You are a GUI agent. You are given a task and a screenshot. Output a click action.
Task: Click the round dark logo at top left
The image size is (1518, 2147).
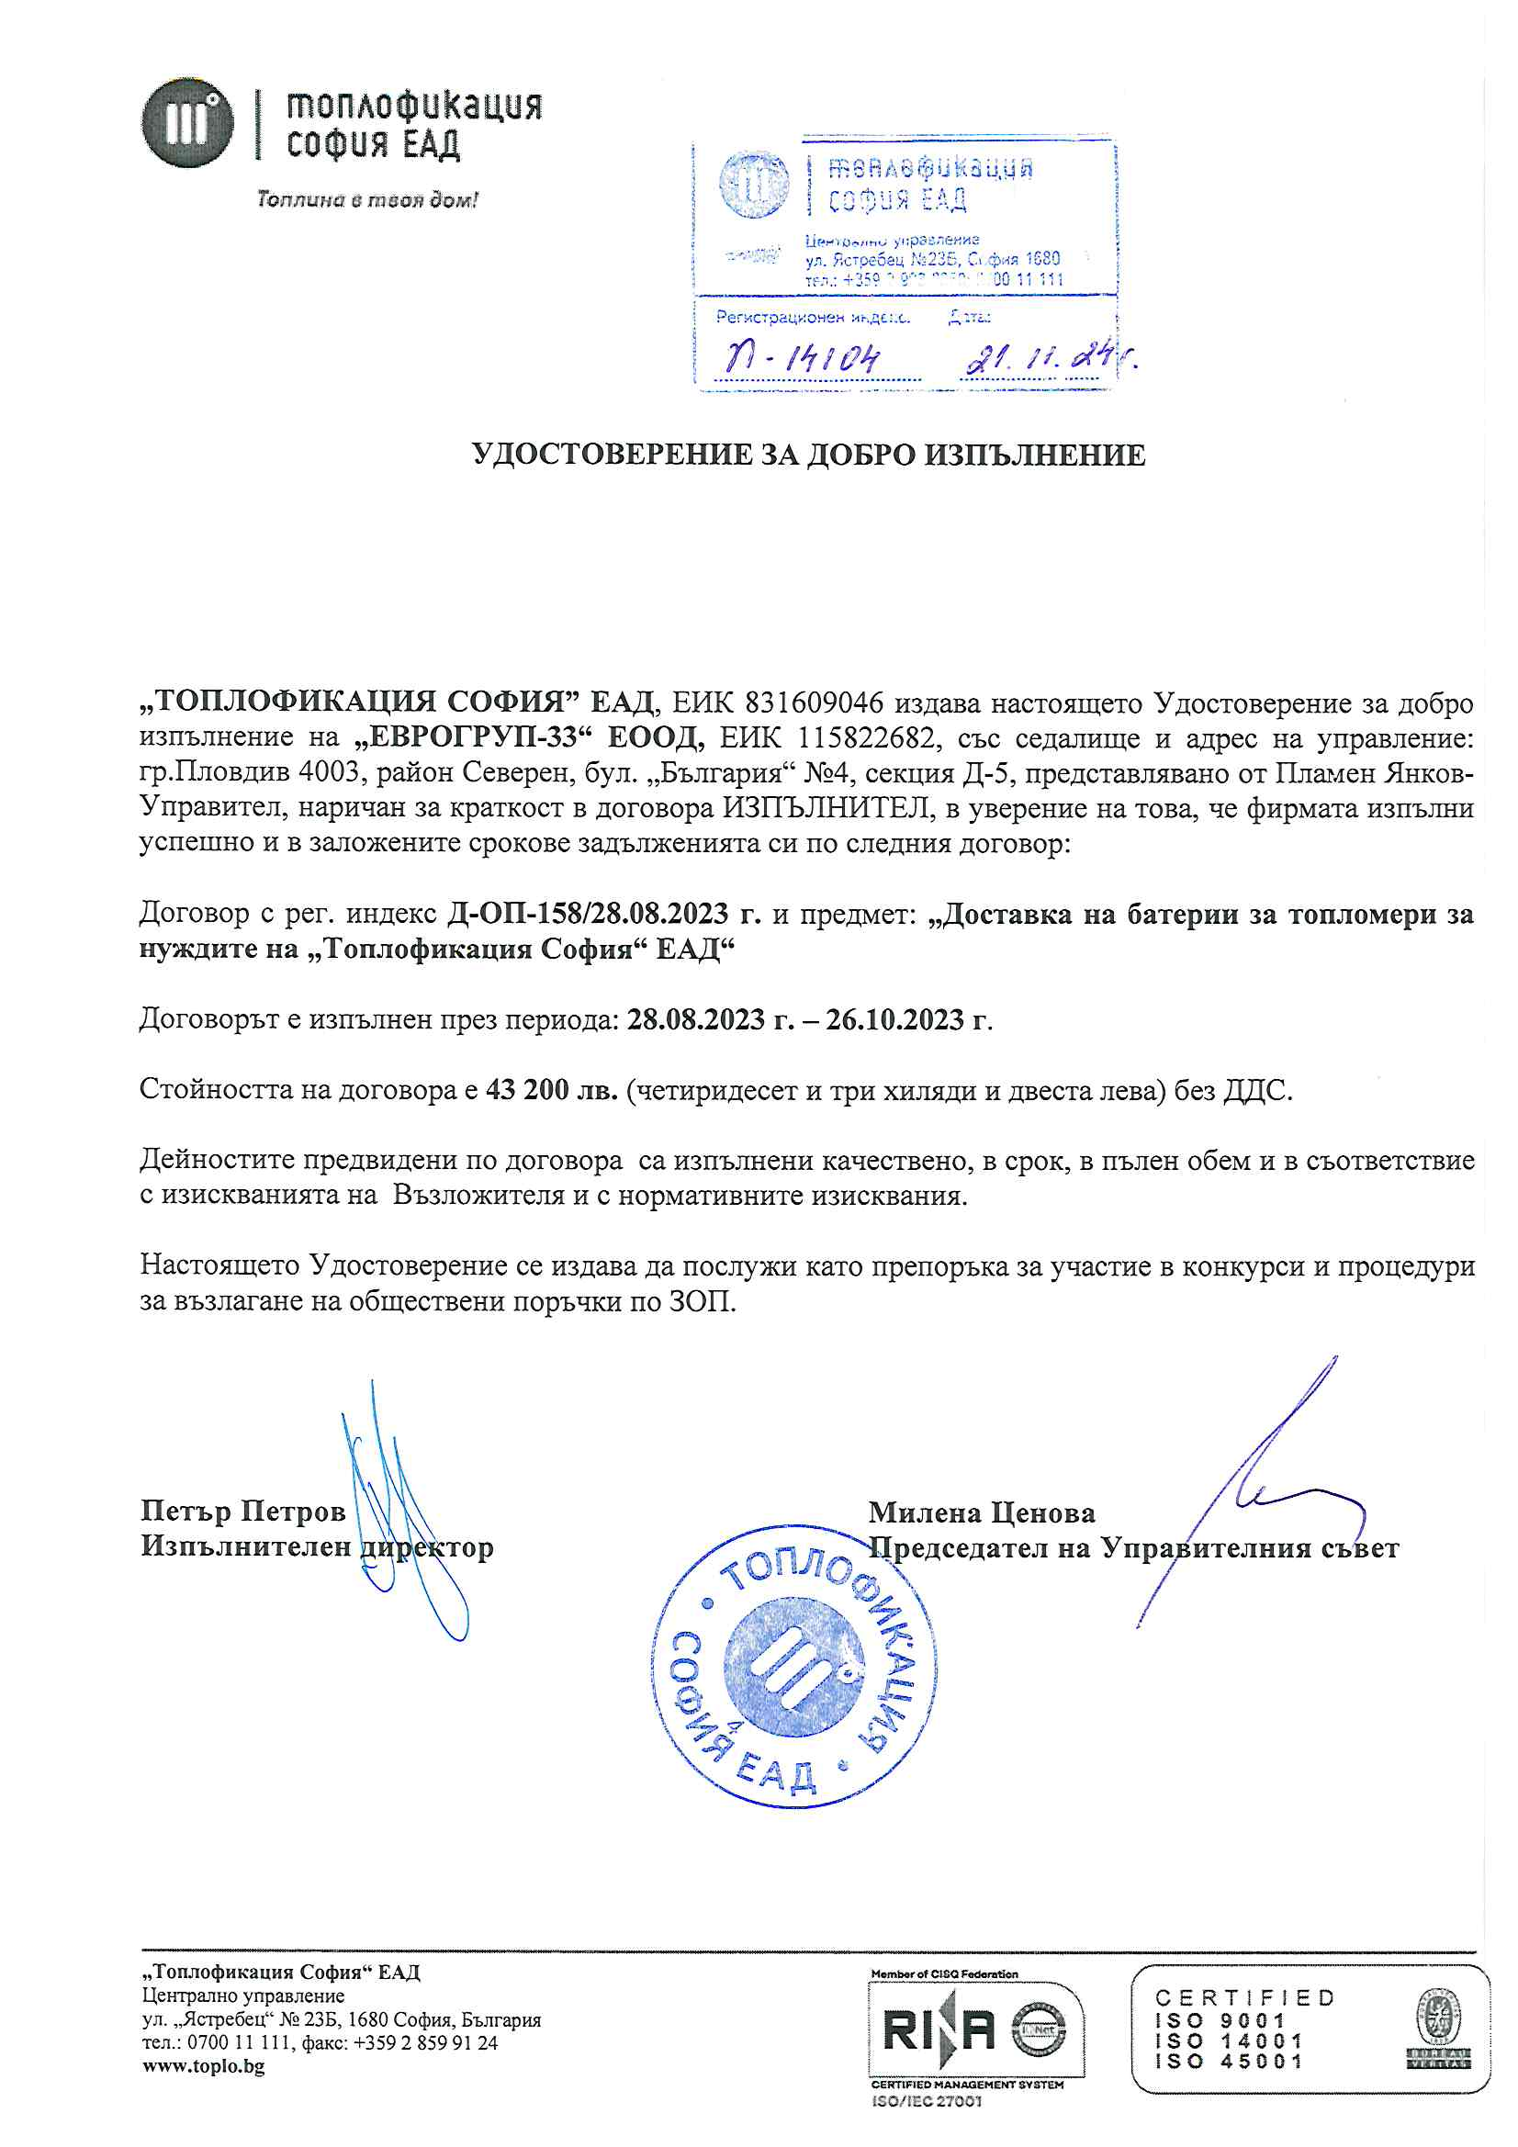pyautogui.click(x=187, y=123)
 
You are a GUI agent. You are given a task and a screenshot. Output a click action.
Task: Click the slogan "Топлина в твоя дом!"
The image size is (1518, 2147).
pyautogui.click(x=367, y=199)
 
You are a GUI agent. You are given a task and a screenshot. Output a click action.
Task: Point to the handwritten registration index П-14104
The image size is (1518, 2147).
pyautogui.click(x=802, y=357)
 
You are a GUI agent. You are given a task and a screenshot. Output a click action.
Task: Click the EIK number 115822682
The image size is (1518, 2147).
pyautogui.click(x=864, y=737)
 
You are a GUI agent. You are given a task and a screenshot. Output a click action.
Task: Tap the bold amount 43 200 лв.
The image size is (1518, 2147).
pyautogui.click(x=552, y=1089)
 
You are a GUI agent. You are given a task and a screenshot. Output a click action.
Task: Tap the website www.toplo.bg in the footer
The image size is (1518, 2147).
pyautogui.click(x=203, y=2065)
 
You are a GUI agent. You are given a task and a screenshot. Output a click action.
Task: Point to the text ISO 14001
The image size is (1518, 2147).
pyautogui.click(x=1229, y=2040)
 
